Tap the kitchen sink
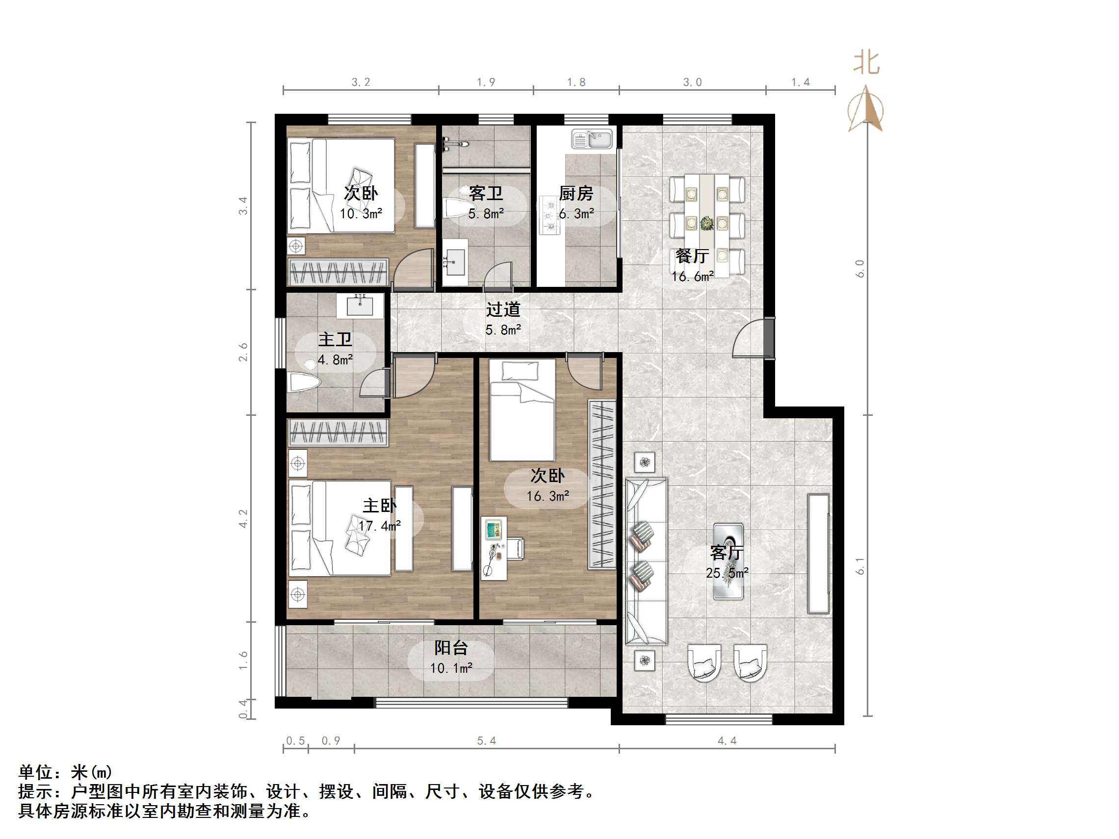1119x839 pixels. coord(592,139)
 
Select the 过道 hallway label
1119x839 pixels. coord(503,309)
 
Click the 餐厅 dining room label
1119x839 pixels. coord(692,256)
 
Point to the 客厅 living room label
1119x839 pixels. coord(727,553)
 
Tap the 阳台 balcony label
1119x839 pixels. coord(451,648)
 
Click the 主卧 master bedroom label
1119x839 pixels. coord(379,506)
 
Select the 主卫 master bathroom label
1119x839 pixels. coord(335,339)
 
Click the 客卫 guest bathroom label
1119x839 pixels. coord(486,193)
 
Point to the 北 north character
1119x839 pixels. coord(866,63)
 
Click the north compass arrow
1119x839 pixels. coord(866,109)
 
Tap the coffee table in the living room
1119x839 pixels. coord(728,561)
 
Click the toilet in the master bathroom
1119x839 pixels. coord(304,382)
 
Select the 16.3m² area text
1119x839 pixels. coord(547,497)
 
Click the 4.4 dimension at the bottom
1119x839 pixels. coord(727,741)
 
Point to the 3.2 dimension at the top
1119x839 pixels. coord(361,82)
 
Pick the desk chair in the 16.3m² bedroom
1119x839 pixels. coord(517,549)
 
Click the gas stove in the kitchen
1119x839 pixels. coord(549,215)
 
